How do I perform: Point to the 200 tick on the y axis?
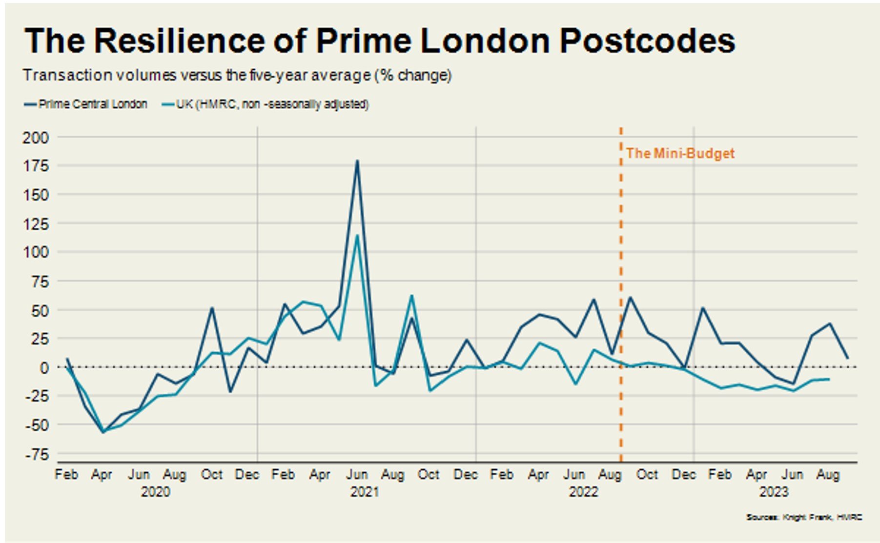pyautogui.click(x=36, y=138)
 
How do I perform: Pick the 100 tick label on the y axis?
pyautogui.click(x=36, y=252)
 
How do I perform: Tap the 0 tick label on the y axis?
pyautogui.click(x=44, y=368)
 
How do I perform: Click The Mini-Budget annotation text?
pyautogui.click(x=680, y=154)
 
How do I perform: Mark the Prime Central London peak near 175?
pyautogui.click(x=357, y=161)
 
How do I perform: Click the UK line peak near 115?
pyautogui.click(x=357, y=236)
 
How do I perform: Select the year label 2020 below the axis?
pyautogui.click(x=156, y=492)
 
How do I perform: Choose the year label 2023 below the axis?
pyautogui.click(x=774, y=492)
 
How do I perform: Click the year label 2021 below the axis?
pyautogui.click(x=365, y=492)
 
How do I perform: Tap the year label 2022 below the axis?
pyautogui.click(x=583, y=492)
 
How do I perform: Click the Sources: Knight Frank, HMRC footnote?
pyautogui.click(x=803, y=517)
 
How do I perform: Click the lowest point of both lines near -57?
pyautogui.click(x=103, y=432)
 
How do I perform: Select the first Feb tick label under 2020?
pyautogui.click(x=66, y=475)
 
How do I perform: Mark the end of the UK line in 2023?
pyautogui.click(x=829, y=379)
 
